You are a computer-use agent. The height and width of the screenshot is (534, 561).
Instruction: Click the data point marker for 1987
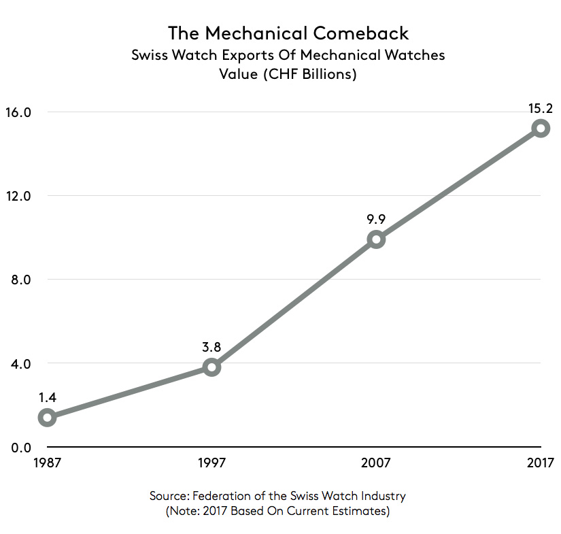tap(47, 417)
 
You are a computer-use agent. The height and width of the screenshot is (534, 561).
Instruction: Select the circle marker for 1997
tap(211, 367)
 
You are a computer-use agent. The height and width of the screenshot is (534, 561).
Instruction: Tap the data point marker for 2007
tap(376, 239)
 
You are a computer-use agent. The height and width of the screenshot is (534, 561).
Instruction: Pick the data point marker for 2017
tap(541, 128)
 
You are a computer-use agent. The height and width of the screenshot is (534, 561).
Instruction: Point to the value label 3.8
tap(211, 346)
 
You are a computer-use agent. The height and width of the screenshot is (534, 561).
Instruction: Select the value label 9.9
tap(376, 218)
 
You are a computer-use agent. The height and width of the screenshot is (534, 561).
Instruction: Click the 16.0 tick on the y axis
tap(20, 112)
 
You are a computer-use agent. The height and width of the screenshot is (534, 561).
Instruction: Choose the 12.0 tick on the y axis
tap(20, 196)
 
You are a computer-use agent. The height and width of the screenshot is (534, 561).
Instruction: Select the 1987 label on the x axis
tap(47, 464)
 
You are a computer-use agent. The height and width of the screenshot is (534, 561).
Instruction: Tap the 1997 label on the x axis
tap(211, 464)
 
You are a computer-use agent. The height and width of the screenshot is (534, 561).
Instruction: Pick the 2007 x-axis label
tap(376, 464)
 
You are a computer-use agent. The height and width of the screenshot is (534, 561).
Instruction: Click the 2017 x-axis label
tap(541, 464)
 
